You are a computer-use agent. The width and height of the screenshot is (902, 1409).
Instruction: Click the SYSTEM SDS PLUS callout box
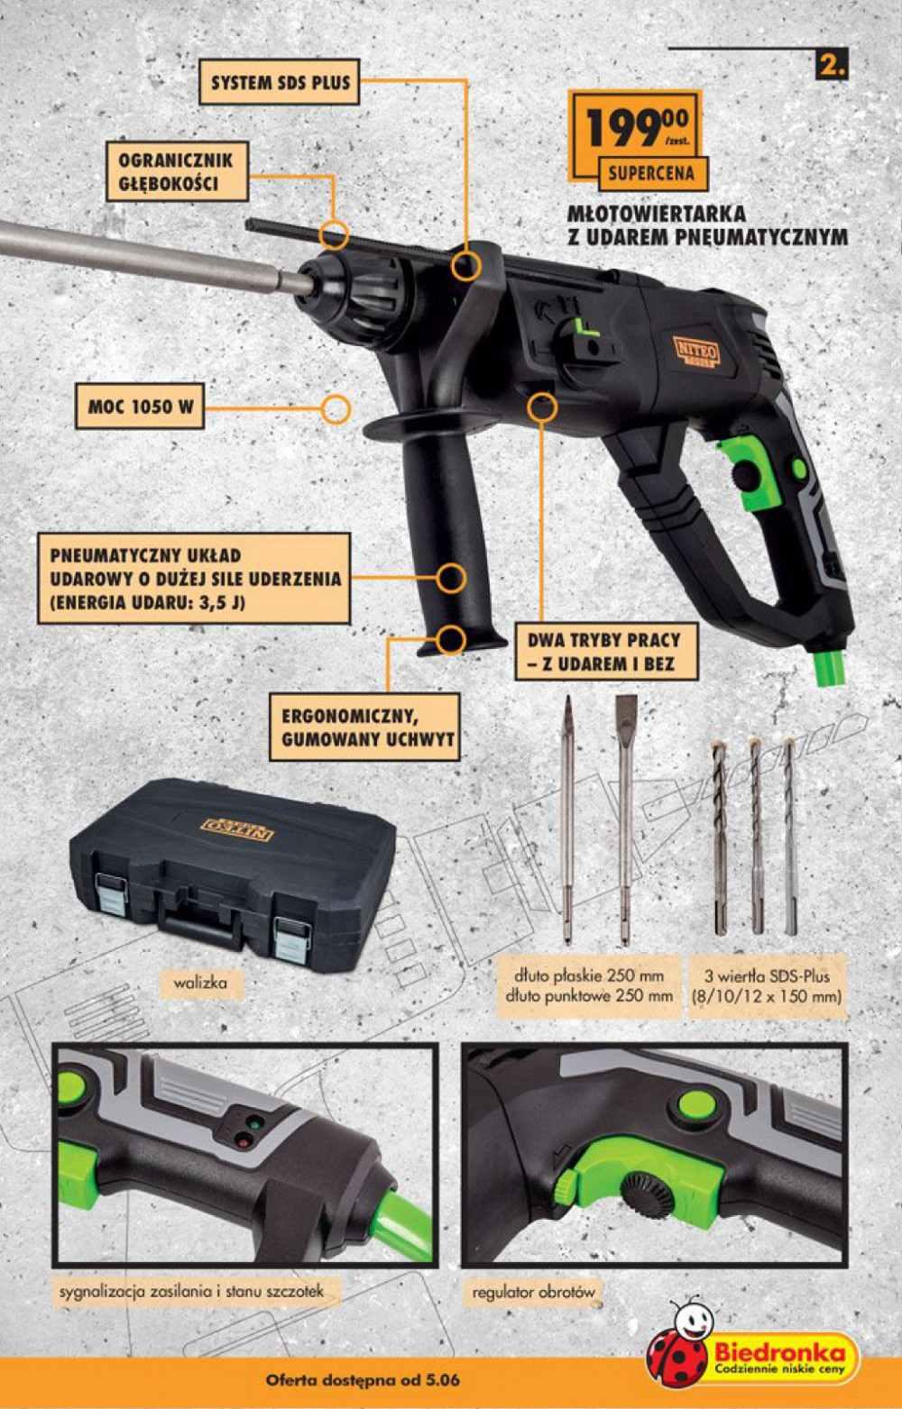pyautogui.click(x=279, y=82)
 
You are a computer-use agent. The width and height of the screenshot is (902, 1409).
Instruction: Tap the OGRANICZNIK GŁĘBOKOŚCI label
pyautogui.click(x=176, y=171)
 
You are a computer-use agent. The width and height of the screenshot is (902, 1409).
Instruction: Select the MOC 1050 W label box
pyautogui.click(x=140, y=407)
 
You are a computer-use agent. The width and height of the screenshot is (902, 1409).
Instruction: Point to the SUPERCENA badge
pyautogui.click(x=651, y=174)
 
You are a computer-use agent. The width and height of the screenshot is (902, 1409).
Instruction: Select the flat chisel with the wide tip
pyautogui.click(x=624, y=820)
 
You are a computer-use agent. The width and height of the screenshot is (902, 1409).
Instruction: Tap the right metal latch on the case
pyautogui.click(x=291, y=938)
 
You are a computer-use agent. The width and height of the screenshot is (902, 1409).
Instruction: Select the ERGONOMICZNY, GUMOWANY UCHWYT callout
pyautogui.click(x=364, y=727)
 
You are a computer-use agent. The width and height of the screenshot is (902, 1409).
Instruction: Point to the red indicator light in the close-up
pyautogui.click(x=244, y=1139)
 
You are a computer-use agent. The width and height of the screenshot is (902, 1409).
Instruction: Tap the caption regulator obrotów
pyautogui.click(x=533, y=1292)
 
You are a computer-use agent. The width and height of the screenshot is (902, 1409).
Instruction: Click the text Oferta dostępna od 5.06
pyautogui.click(x=363, y=1381)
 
